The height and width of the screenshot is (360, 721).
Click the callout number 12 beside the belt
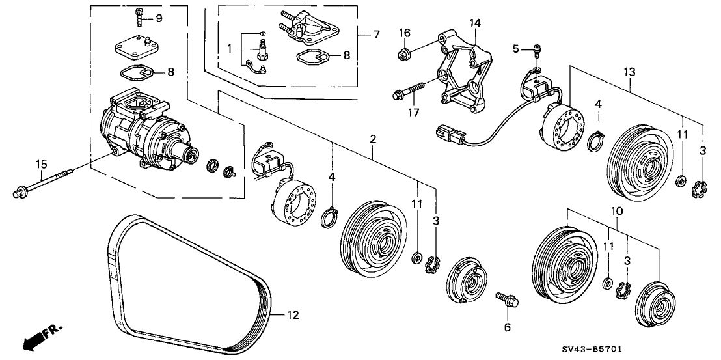pos(293,316)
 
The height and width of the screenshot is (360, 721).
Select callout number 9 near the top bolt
pos(159,17)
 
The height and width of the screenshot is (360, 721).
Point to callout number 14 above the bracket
pos(476,23)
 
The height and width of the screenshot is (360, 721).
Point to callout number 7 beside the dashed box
pos(376,33)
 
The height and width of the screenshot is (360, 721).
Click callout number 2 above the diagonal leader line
pos(373,139)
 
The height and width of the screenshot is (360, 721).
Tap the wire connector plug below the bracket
pos(448,135)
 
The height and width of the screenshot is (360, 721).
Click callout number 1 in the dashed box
pos(229,49)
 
